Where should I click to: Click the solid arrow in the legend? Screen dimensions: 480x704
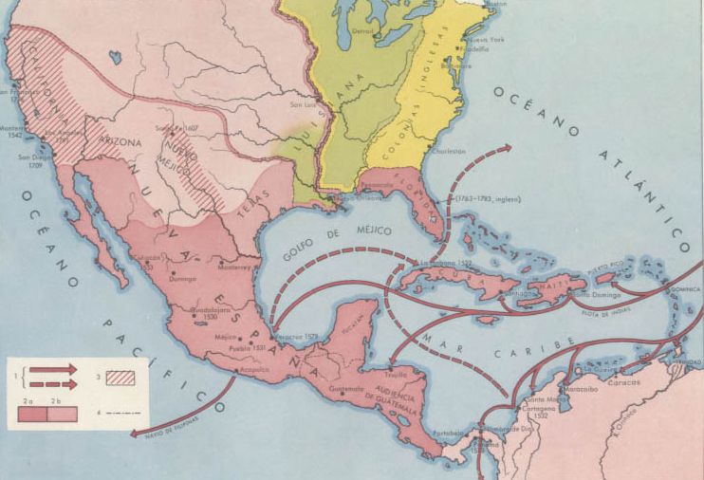54,368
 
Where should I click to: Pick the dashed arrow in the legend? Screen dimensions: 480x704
54,383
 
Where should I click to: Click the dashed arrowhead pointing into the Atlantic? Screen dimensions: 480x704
507,149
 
